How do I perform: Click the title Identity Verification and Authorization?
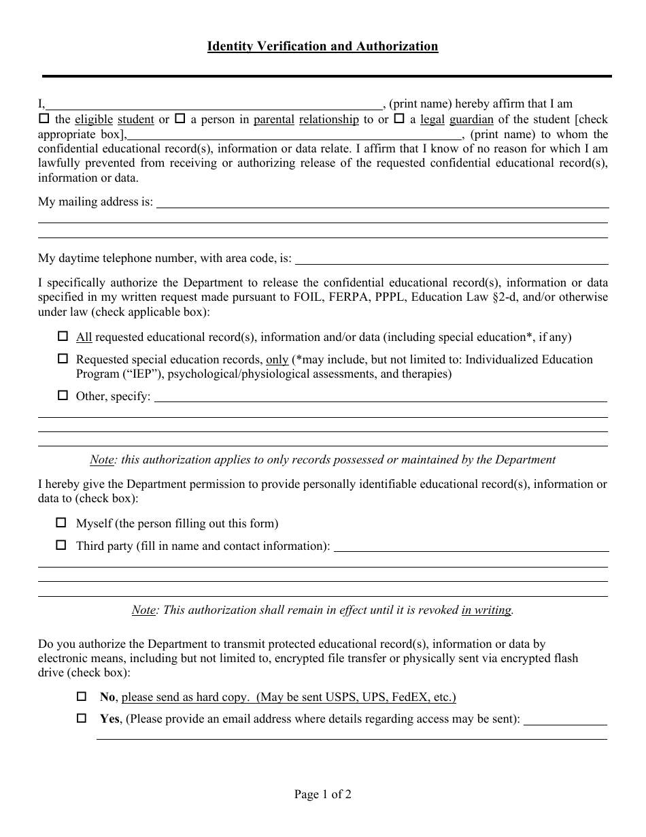point(322,46)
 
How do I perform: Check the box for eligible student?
point(44,118)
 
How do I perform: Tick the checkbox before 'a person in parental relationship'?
point(180,118)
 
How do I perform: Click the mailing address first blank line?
point(382,202)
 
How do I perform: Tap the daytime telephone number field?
point(452,259)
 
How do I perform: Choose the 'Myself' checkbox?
point(62,523)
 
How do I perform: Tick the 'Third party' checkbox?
point(62,545)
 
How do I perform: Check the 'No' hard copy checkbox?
point(82,696)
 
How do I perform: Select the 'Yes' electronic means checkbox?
point(82,718)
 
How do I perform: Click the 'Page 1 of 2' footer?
point(322,793)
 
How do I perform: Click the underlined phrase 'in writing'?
point(486,610)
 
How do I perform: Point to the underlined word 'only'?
point(277,359)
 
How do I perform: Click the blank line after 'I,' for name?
point(214,104)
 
